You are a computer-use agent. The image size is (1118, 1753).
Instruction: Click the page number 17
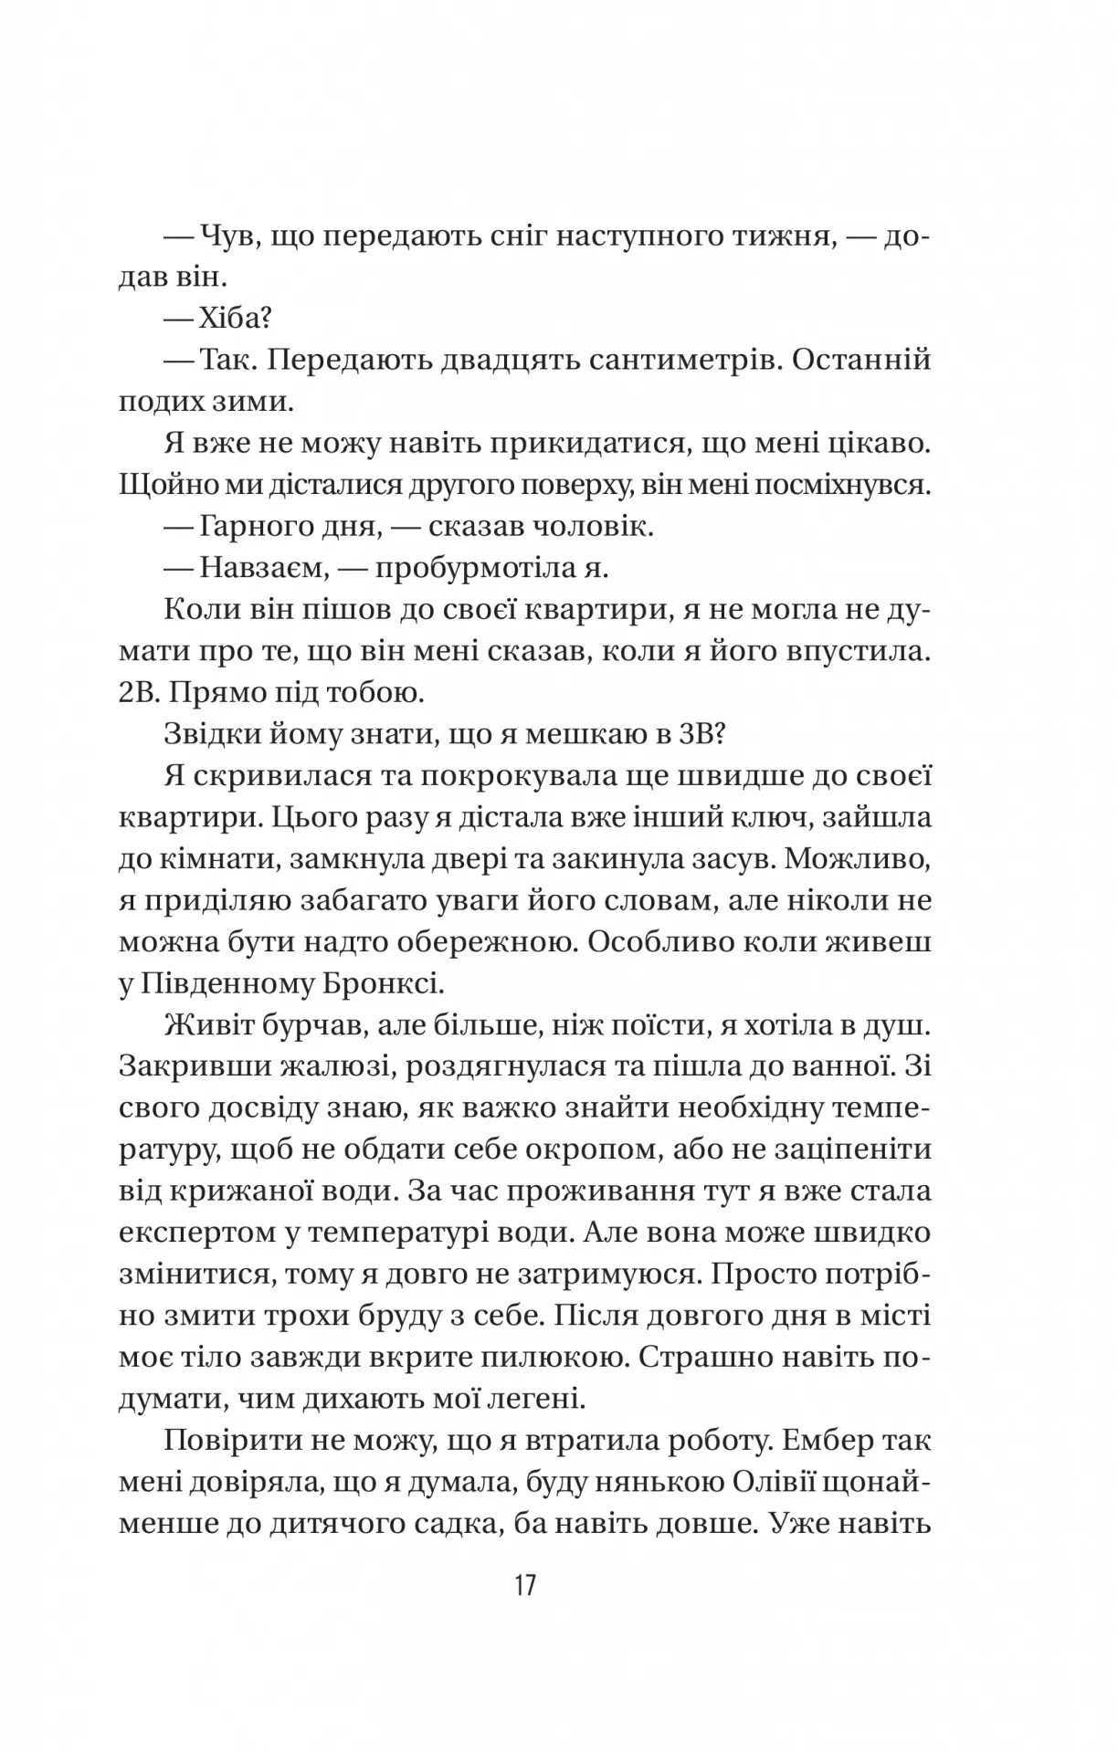point(524,1584)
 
